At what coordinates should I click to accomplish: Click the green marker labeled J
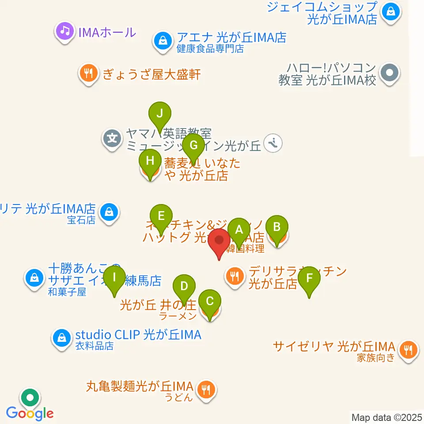160,114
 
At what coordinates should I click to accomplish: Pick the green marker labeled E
161,216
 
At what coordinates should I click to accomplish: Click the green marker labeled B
277,227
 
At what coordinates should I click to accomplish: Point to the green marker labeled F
309,278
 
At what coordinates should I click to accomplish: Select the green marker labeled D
184,286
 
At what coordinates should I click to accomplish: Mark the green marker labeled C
210,302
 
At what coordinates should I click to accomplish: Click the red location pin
219,241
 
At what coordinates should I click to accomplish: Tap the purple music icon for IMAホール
65,31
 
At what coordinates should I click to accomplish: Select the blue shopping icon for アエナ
163,41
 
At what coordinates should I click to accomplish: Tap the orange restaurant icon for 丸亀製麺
205,390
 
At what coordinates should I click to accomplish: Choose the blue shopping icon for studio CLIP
62,338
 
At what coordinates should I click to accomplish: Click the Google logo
30,414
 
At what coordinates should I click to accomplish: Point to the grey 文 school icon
113,139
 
